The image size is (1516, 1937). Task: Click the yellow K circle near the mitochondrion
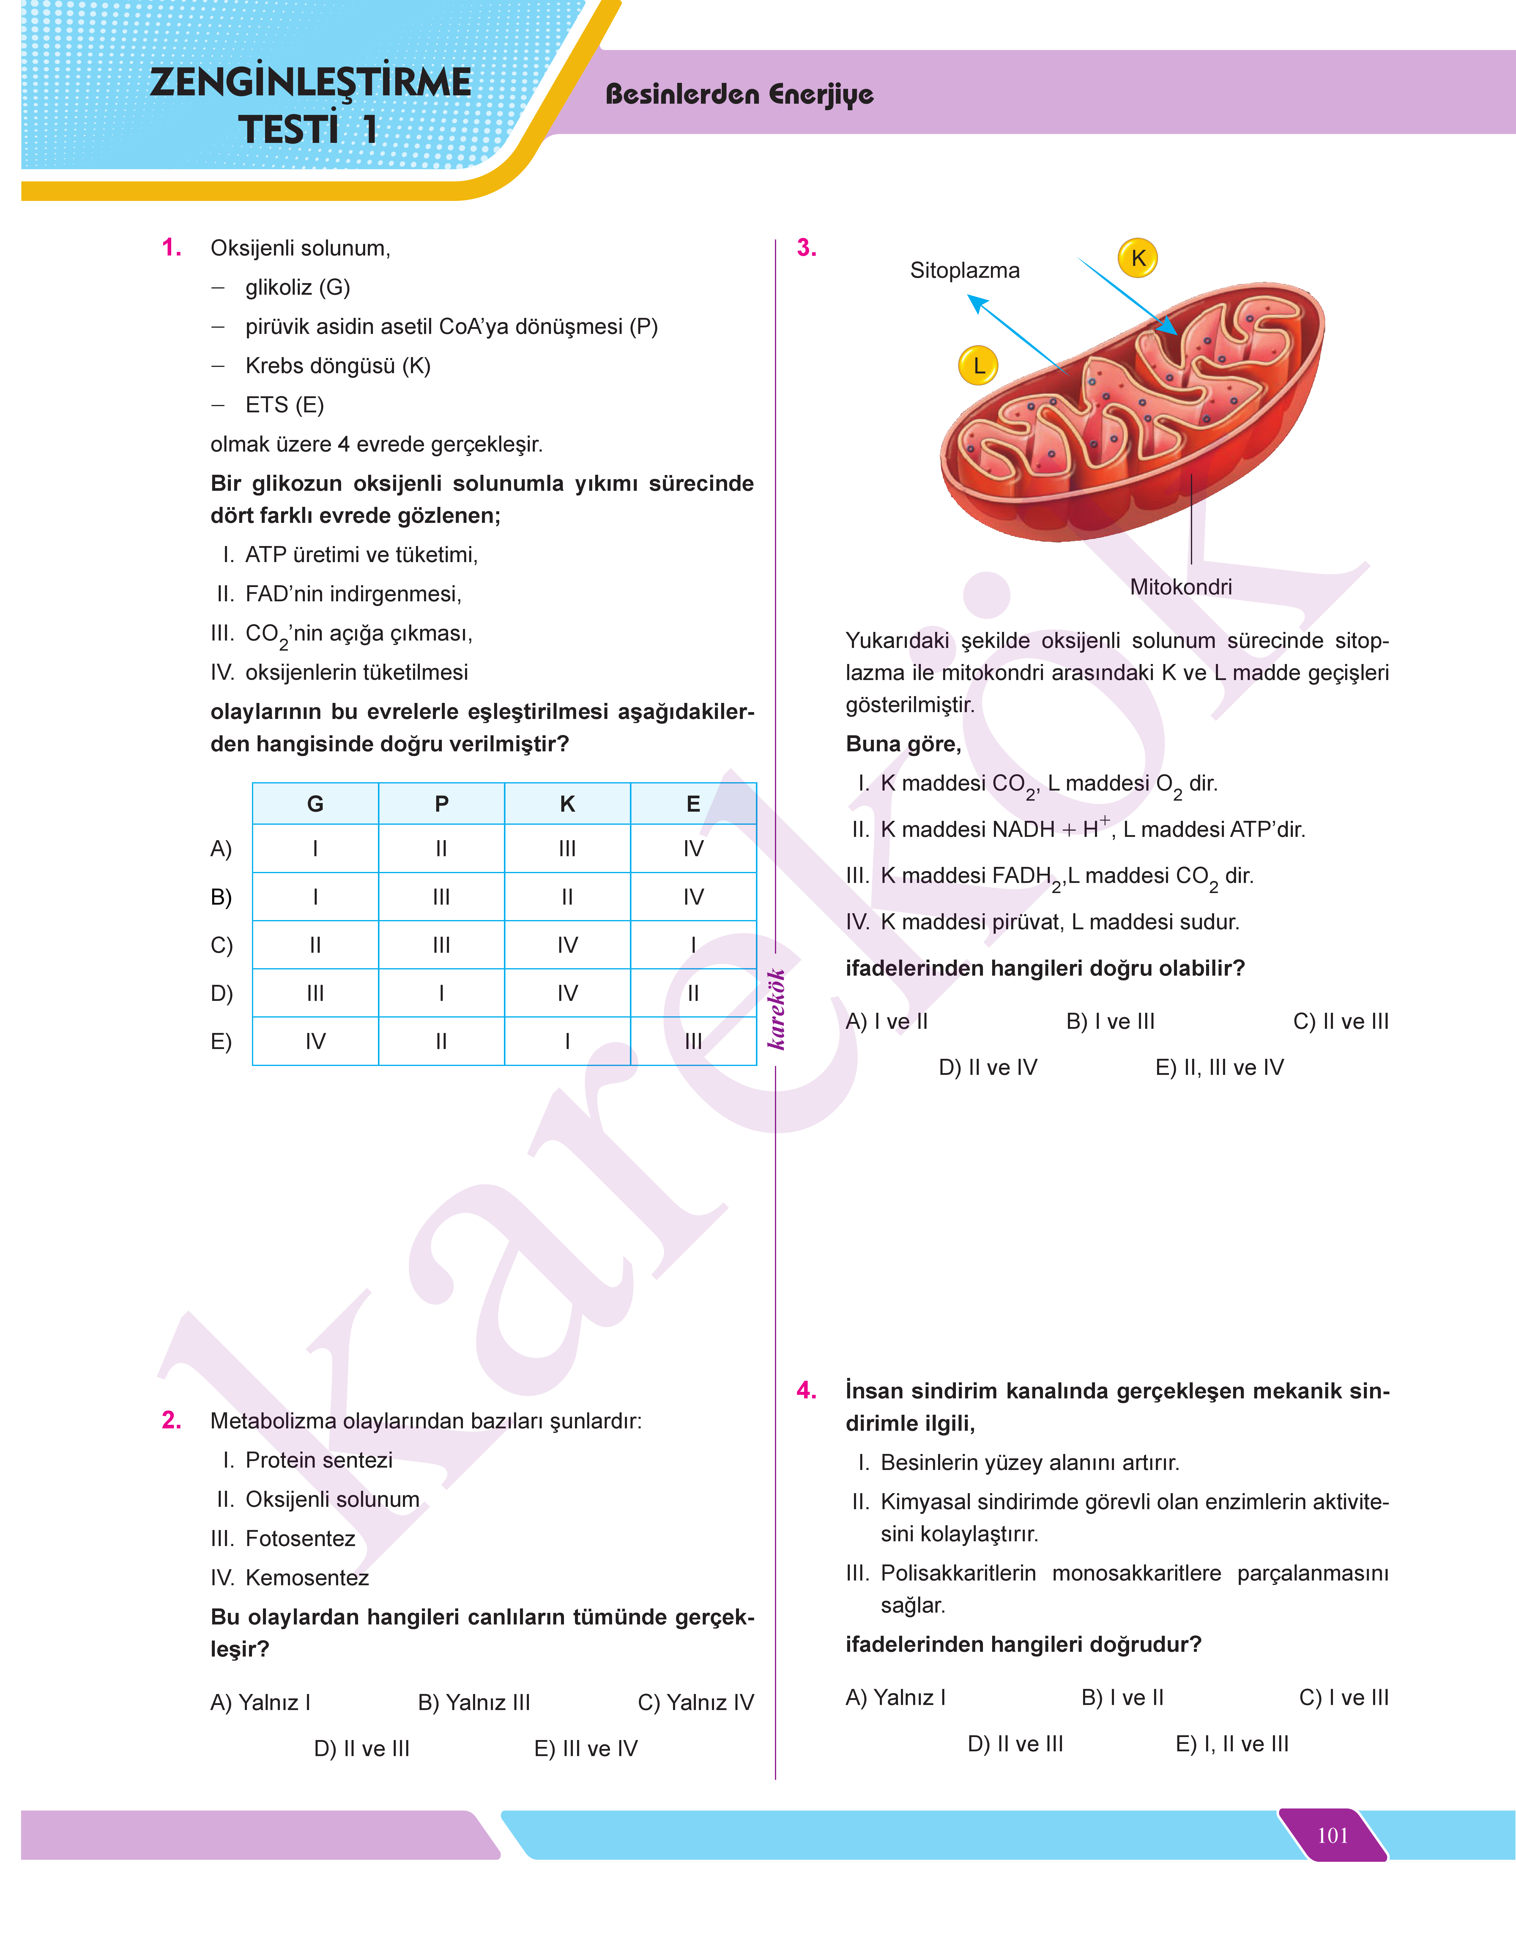tap(1138, 258)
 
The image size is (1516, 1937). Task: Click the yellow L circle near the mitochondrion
tap(978, 366)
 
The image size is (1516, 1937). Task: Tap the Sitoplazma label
tap(965, 271)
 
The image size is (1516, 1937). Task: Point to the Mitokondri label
tap(1181, 586)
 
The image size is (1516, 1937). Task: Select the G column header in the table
tap(315, 804)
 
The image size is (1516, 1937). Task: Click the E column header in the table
tap(693, 804)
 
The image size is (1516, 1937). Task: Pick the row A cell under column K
tap(567, 849)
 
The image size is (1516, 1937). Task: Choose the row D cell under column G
tap(315, 993)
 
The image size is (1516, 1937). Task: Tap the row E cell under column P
tap(441, 1041)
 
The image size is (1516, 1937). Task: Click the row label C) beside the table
tap(221, 945)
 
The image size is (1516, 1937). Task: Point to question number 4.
tap(806, 1390)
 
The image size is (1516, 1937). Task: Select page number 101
tap(1332, 1835)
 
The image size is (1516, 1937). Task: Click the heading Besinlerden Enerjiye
tap(739, 94)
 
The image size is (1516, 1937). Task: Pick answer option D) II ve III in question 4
tap(1014, 1744)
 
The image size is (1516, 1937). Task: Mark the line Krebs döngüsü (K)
tap(337, 366)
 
